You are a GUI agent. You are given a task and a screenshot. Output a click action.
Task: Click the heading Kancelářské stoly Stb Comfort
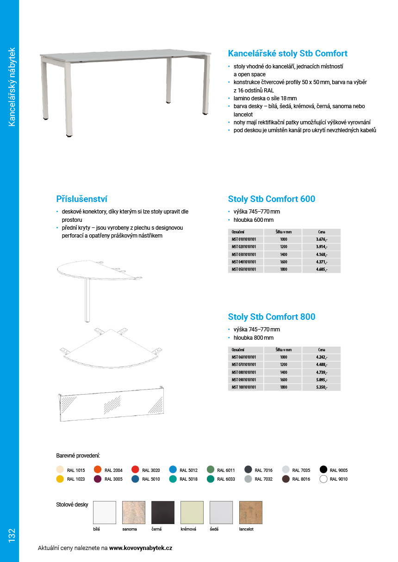point(287,54)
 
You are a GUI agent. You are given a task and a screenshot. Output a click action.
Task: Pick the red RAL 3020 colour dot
point(135,470)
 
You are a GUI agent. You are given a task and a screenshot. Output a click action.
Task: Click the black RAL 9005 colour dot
point(323,470)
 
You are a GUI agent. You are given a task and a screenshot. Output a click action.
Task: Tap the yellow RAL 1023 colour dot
point(60,479)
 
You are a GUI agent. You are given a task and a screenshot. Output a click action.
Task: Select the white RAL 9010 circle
point(323,479)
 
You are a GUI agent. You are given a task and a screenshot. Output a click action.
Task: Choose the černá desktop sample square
point(163,513)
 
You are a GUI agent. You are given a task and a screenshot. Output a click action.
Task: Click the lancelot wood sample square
point(250,513)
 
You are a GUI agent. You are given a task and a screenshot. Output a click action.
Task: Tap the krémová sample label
point(188,529)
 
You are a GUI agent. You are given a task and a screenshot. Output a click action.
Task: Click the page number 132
point(12,535)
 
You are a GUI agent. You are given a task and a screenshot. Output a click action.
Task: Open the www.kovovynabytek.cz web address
point(141,548)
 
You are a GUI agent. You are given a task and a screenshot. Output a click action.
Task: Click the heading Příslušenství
point(81,199)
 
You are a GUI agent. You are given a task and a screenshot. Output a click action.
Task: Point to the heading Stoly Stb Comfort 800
point(272,317)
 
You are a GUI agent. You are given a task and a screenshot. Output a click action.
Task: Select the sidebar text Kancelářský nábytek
point(12,86)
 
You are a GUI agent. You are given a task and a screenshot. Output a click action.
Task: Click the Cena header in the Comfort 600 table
point(322,232)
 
